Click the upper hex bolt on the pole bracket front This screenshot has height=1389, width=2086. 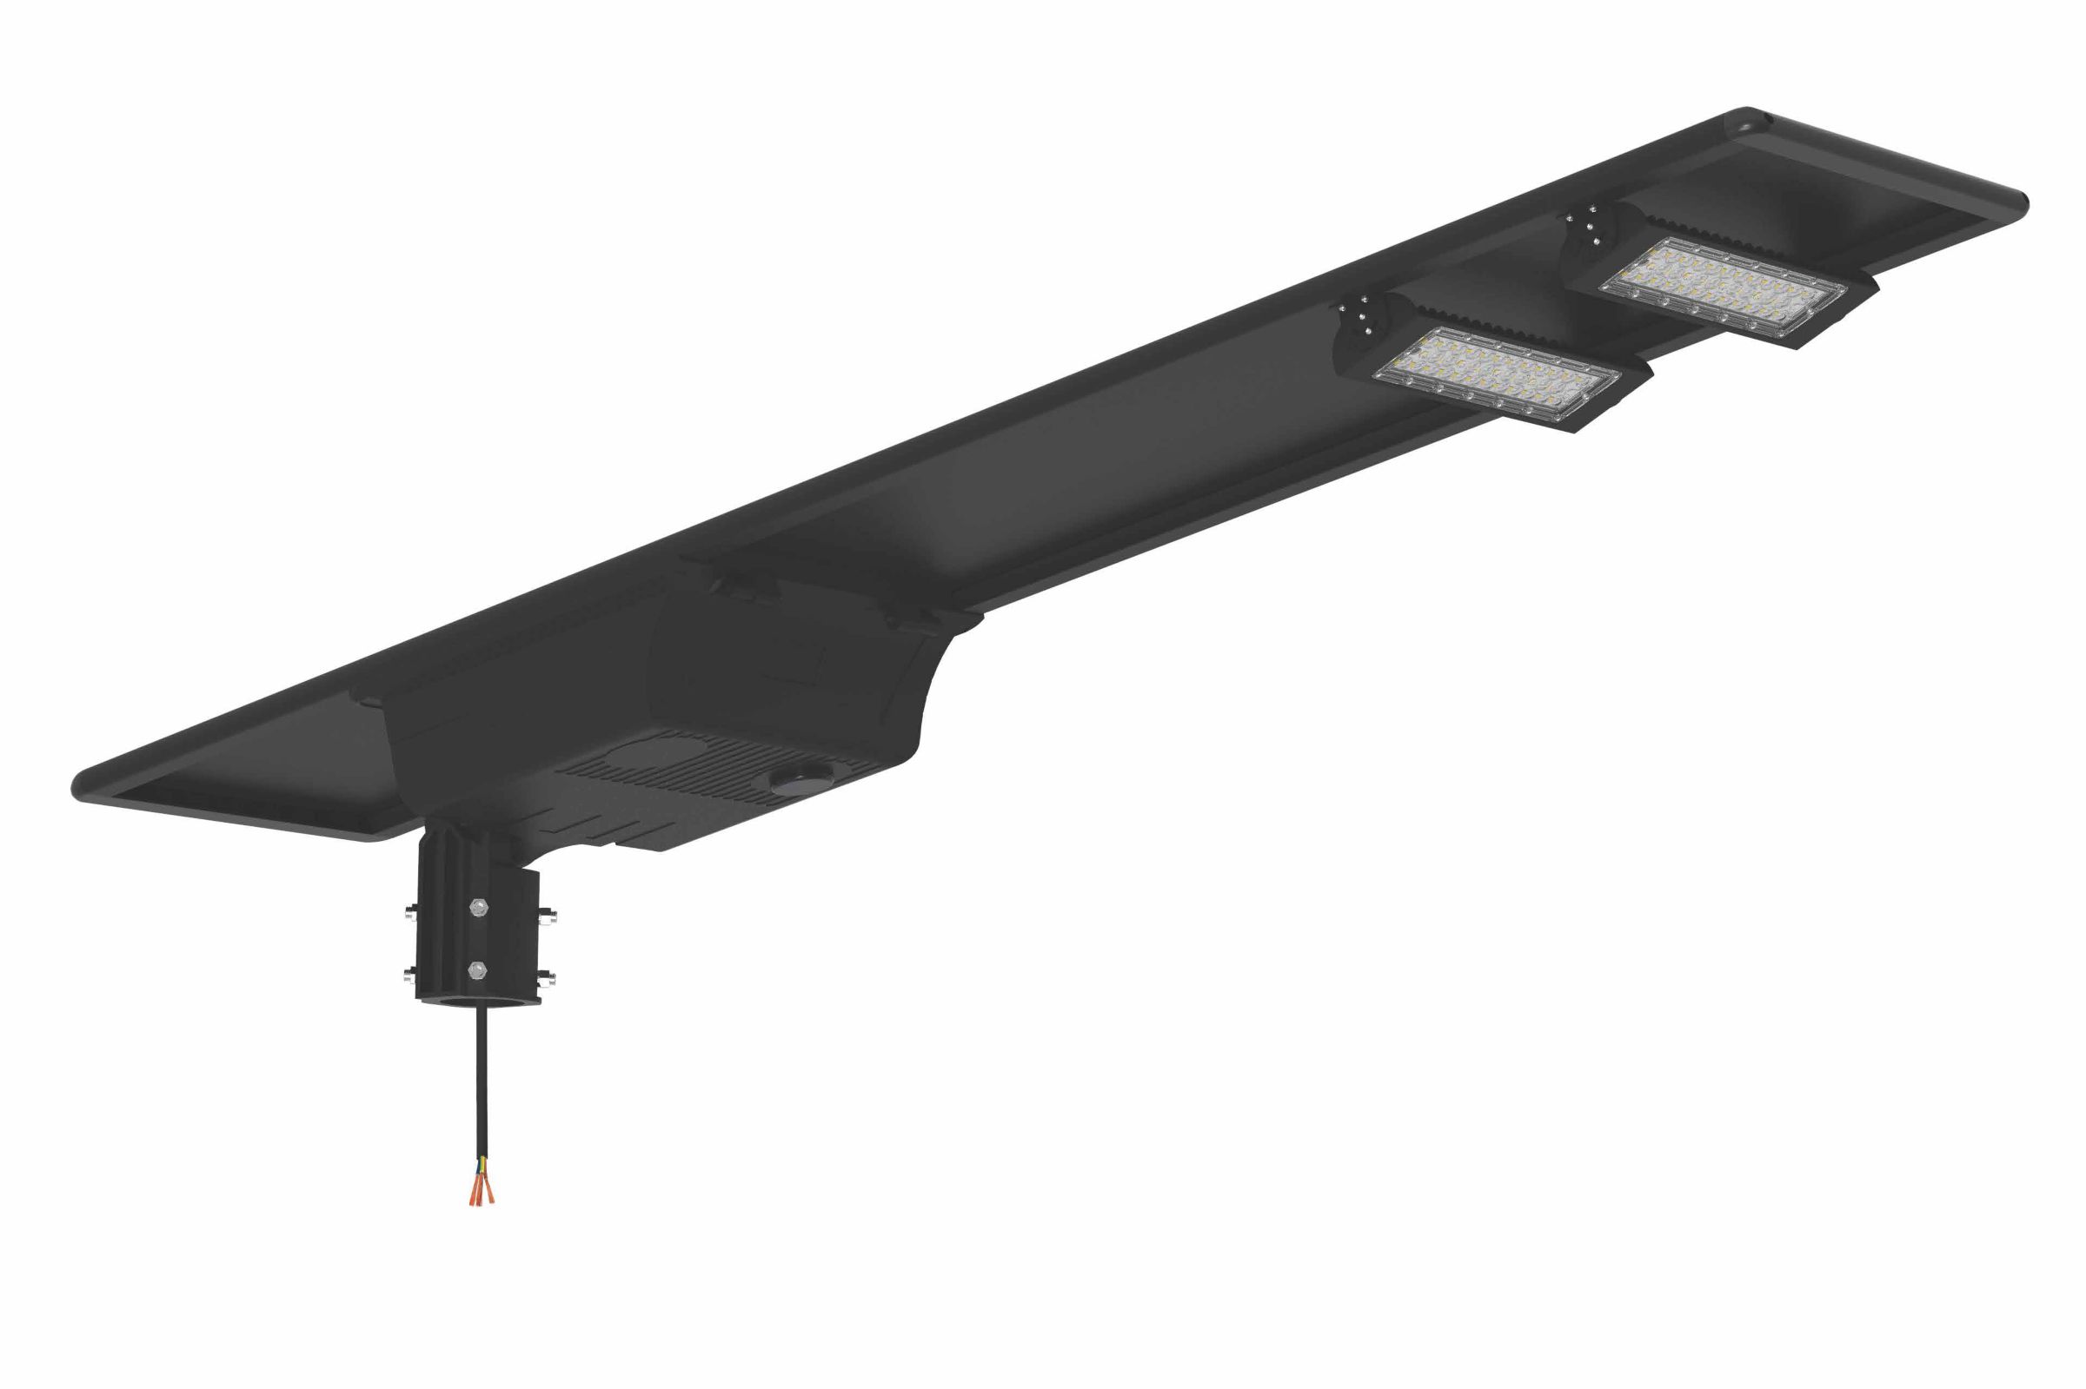pos(479,906)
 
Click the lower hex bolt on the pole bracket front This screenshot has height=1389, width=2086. pos(478,970)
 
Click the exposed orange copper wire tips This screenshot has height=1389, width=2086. pos(482,1192)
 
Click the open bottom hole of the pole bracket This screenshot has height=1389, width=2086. pos(479,1000)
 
